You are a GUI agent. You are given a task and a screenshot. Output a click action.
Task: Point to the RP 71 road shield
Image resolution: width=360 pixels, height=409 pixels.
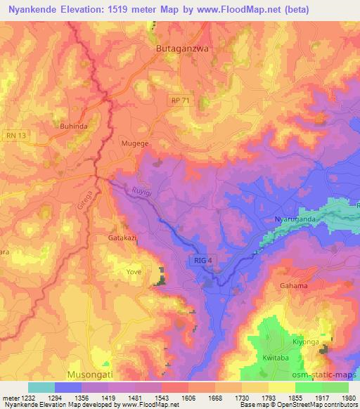click(x=181, y=102)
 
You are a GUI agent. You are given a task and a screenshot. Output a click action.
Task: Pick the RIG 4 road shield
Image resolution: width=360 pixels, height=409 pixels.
click(x=200, y=261)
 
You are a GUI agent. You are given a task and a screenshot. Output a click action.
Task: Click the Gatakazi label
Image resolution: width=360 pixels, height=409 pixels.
click(x=122, y=238)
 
